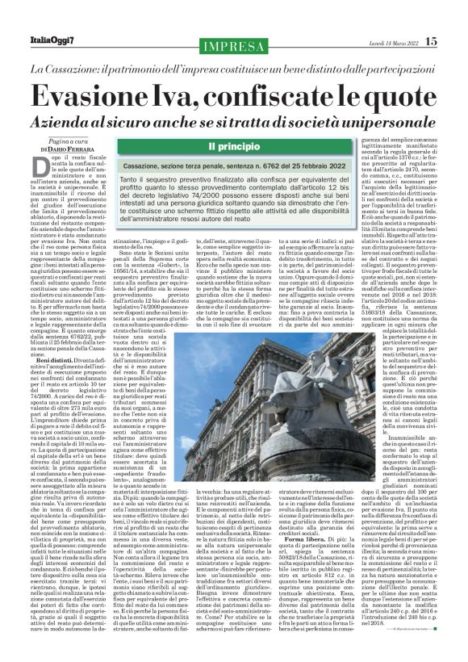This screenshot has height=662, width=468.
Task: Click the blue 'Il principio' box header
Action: pos(233,147)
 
